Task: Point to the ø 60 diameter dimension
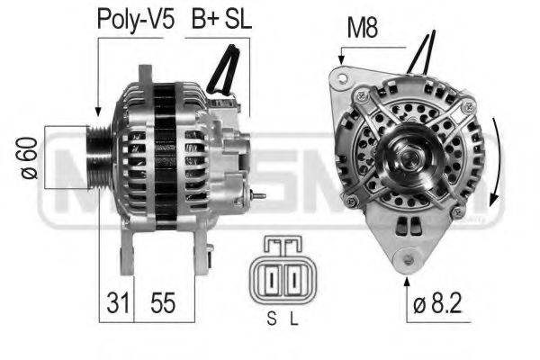tap(27, 158)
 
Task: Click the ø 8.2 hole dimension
tap(439, 305)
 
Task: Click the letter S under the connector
tap(271, 317)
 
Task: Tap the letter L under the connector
tap(293, 317)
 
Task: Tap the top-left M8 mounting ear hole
tap(339, 78)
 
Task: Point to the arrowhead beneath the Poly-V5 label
tap(96, 112)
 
